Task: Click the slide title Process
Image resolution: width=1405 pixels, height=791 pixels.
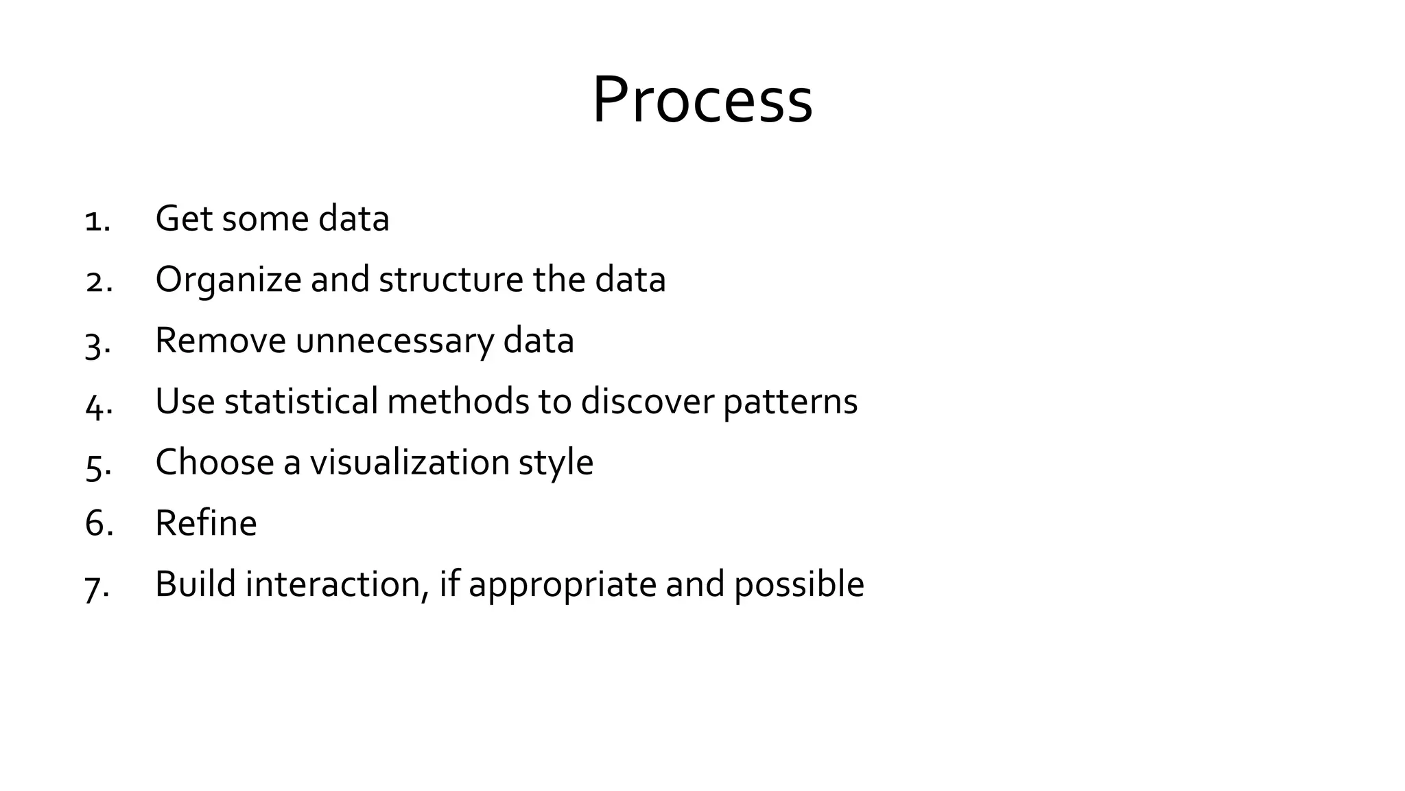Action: click(x=702, y=100)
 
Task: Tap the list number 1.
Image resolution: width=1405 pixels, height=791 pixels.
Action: click(x=97, y=220)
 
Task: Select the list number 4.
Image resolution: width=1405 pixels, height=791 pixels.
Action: click(x=98, y=404)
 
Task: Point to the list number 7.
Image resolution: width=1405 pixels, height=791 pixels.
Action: click(x=97, y=587)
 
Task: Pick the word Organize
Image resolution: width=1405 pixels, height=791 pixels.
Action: click(x=228, y=280)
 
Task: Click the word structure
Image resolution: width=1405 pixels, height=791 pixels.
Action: click(x=451, y=279)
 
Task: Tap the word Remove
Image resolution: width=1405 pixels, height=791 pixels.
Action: click(x=220, y=341)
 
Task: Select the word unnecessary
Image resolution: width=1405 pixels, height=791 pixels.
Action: click(x=394, y=341)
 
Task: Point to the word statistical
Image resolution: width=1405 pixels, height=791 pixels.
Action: click(x=301, y=401)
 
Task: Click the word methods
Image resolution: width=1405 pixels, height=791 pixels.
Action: click(x=458, y=401)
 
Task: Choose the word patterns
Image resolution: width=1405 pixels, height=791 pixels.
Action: click(x=790, y=402)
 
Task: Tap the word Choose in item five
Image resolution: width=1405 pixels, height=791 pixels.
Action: click(x=215, y=462)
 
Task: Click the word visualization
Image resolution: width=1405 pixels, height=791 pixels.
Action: click(x=410, y=462)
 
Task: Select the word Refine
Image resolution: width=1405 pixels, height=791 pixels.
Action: click(x=206, y=523)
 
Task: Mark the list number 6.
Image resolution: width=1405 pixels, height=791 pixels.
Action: click(x=98, y=523)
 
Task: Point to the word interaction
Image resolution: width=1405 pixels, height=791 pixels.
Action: click(x=336, y=584)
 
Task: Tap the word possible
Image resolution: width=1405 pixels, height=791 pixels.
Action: click(x=799, y=585)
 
